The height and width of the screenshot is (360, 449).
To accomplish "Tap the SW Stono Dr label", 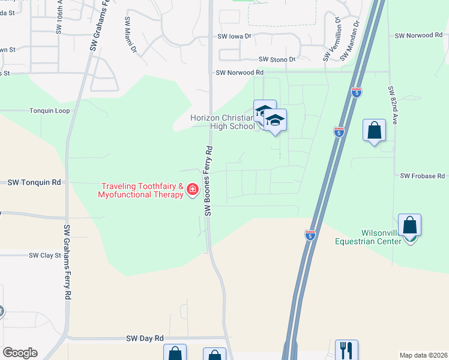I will (277, 59).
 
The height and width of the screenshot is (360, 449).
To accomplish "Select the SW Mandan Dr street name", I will (349, 40).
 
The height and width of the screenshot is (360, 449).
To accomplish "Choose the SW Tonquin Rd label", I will (34, 182).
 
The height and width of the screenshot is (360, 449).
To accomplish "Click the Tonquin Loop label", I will (50, 110).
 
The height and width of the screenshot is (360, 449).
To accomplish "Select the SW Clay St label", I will (45, 255).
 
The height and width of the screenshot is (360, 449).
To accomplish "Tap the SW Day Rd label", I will (145, 338).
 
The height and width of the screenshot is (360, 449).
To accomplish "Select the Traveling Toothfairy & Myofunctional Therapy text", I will (142, 191).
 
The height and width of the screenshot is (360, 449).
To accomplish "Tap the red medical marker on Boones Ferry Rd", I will (193, 190).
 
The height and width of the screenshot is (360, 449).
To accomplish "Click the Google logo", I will (20, 353).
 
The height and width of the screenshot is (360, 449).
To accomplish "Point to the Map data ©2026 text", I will (423, 355).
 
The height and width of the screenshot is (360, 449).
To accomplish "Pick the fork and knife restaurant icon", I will (346, 349).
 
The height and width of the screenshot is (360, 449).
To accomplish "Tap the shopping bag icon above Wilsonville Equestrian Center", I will (409, 226).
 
